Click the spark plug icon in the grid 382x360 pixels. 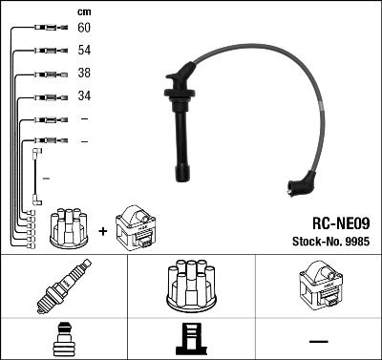pos(63,286)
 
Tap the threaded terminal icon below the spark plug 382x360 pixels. pos(62,341)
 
